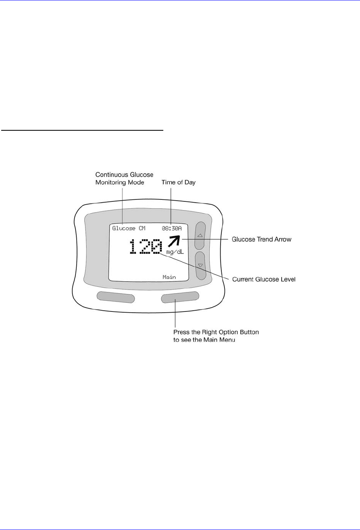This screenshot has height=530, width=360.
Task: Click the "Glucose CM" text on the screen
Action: (129, 228)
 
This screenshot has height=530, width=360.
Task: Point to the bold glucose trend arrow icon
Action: (174, 241)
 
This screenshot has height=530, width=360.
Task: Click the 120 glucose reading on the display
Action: (145, 246)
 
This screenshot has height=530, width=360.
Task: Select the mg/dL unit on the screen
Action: (175, 252)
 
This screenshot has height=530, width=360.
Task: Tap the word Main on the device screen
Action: (169, 277)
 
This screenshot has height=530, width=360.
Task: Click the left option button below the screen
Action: (116, 297)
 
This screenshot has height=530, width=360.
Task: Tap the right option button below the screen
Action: (180, 297)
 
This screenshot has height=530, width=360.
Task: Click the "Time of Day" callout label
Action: (178, 182)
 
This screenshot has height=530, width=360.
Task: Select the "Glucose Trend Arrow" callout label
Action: (262, 239)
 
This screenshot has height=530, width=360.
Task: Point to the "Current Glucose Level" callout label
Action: (264, 279)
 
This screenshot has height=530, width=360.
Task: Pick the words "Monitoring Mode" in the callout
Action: (120, 182)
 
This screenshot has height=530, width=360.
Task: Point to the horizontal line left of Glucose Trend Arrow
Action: (207, 239)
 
